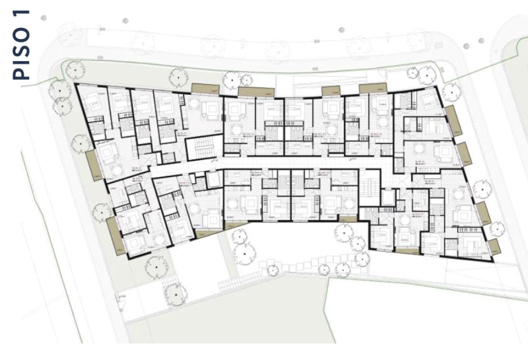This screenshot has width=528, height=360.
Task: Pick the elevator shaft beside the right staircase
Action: pyautogui.click(x=387, y=198)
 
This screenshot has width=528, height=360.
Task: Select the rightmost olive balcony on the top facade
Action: pyautogui.click(x=373, y=88)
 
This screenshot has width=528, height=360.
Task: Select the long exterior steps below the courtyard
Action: pyautogui.click(x=240, y=282)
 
